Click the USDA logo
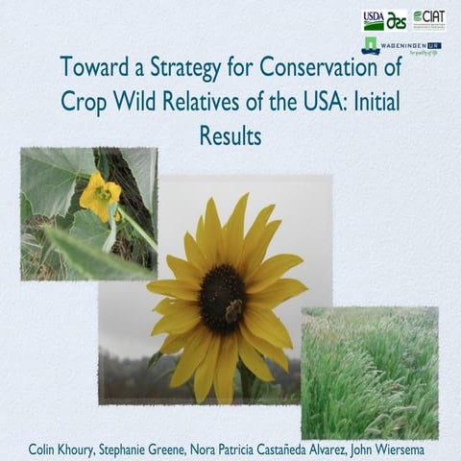374,19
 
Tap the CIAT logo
428,19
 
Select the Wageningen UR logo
403,45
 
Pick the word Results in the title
230,135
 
